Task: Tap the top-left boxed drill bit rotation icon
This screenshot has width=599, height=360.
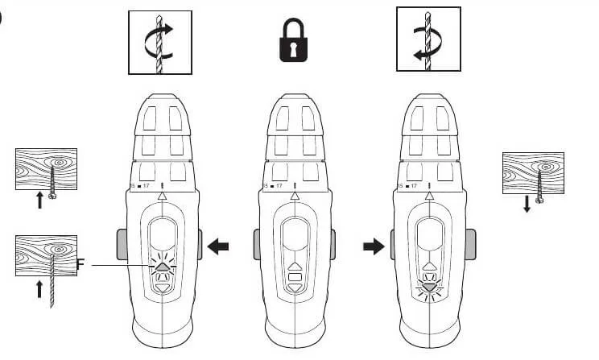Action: (x=159, y=42)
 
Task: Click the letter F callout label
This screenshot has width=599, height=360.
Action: (x=81, y=263)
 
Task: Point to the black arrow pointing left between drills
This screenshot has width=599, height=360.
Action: (x=218, y=246)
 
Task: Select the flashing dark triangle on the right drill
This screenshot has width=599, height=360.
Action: (x=428, y=283)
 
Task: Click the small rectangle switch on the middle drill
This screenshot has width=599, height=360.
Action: (x=295, y=282)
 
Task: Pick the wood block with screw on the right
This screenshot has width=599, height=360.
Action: (x=532, y=173)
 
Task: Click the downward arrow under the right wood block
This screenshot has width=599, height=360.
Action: (x=527, y=205)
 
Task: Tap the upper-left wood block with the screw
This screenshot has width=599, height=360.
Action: (x=46, y=169)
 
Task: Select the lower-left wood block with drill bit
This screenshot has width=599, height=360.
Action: (x=46, y=256)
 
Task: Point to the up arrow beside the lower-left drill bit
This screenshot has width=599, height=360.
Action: (x=39, y=288)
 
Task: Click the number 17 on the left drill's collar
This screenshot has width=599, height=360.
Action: (x=146, y=186)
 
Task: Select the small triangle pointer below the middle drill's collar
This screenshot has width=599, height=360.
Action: (x=295, y=195)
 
